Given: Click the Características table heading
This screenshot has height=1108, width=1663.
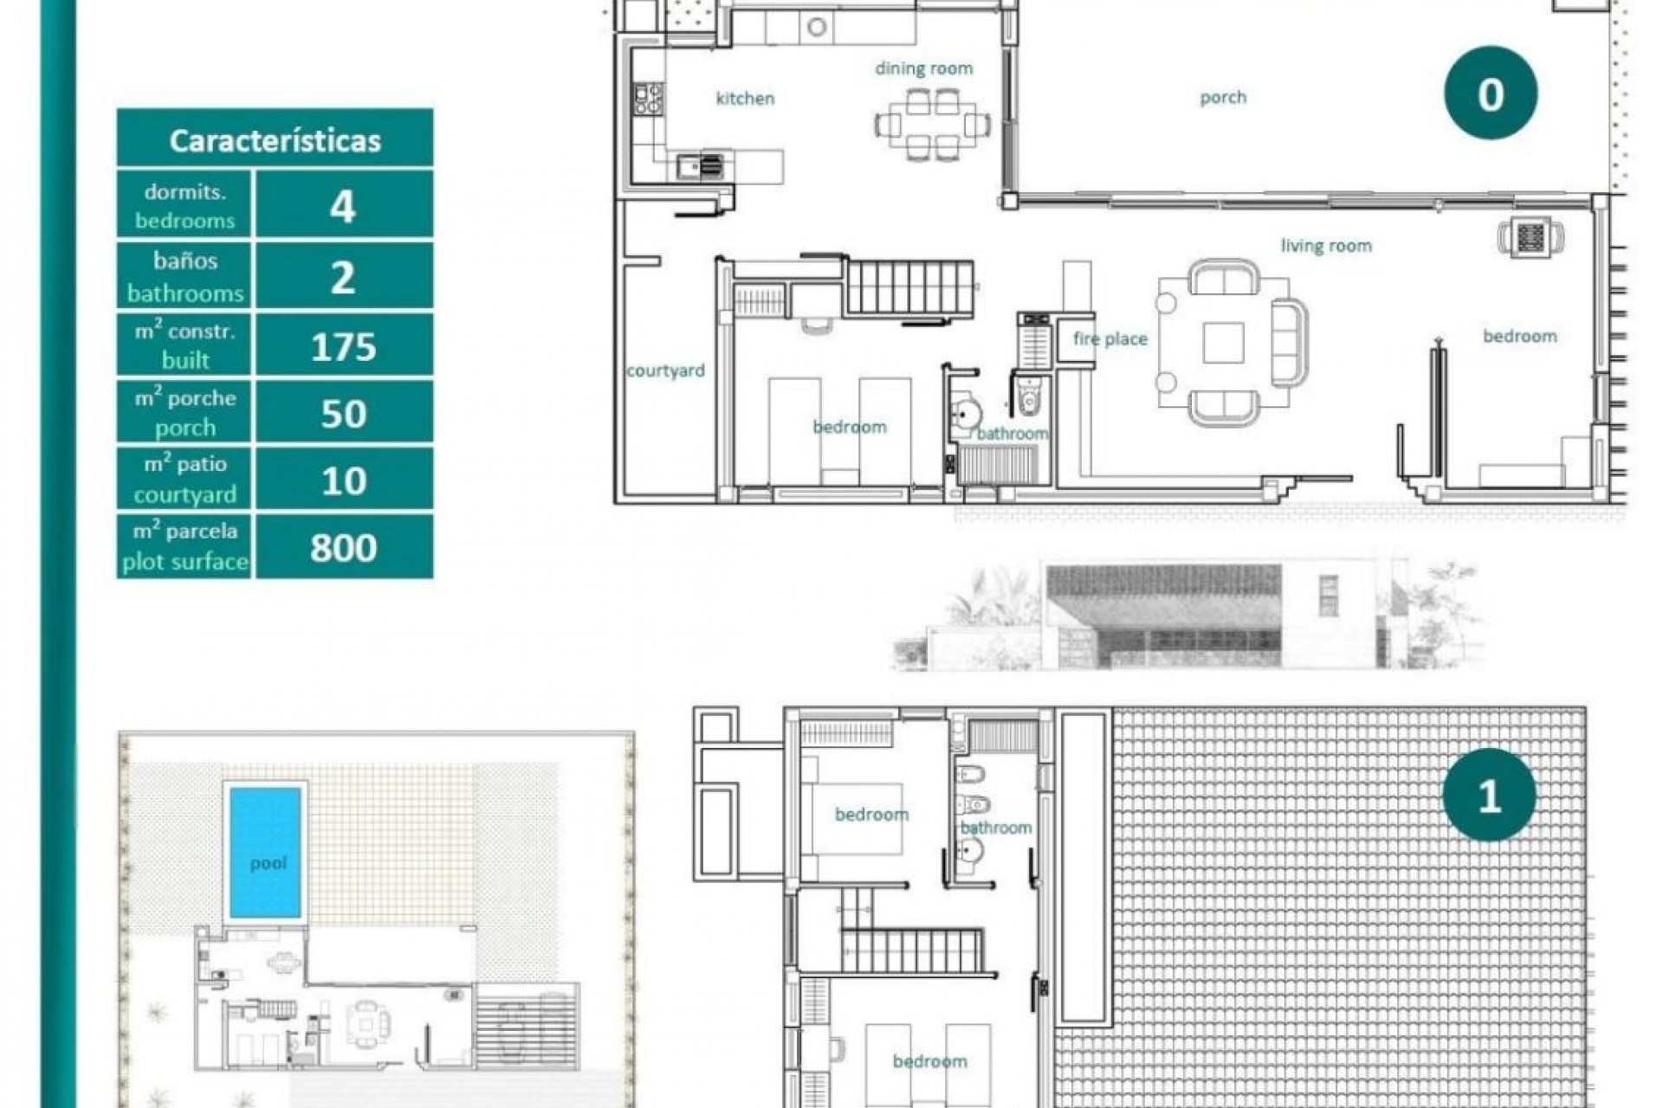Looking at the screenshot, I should [x=275, y=139].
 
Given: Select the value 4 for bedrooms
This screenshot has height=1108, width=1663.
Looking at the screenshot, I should [x=343, y=206].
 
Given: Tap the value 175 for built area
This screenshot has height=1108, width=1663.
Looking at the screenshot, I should [x=343, y=346].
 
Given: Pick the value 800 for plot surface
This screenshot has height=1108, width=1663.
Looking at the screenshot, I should [x=343, y=547].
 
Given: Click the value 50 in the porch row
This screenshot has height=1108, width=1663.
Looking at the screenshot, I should [x=343, y=414].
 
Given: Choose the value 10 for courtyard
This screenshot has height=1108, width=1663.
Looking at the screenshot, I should [x=343, y=480].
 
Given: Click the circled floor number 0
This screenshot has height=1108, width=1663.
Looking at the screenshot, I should [x=1490, y=93].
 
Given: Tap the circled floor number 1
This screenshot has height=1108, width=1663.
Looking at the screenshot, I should [x=1488, y=795].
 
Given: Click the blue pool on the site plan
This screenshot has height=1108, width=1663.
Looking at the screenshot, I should [x=267, y=850].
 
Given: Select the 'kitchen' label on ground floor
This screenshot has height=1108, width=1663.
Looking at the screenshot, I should [x=745, y=98].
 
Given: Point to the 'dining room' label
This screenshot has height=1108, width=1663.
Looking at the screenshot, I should [x=923, y=68].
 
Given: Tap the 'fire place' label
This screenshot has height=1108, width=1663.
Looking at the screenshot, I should [x=1110, y=338].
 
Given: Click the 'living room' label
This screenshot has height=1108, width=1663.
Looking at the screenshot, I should [x=1325, y=246].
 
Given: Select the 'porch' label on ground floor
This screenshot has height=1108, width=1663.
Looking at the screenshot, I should [x=1223, y=97].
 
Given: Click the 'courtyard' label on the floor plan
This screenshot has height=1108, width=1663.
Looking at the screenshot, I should [x=665, y=370].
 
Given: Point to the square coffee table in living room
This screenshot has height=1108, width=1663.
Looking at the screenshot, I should [x=1223, y=344].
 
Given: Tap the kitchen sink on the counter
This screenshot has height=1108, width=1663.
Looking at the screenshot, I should [x=699, y=164].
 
